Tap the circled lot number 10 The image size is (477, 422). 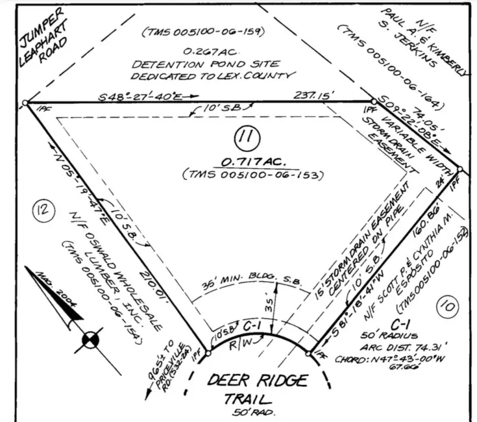click(x=447, y=306)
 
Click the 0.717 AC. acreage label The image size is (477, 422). click(x=253, y=163)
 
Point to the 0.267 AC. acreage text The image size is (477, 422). click(x=205, y=52)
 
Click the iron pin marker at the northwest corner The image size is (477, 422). click(x=25, y=103)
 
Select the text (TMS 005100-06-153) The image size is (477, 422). click(x=253, y=176)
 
